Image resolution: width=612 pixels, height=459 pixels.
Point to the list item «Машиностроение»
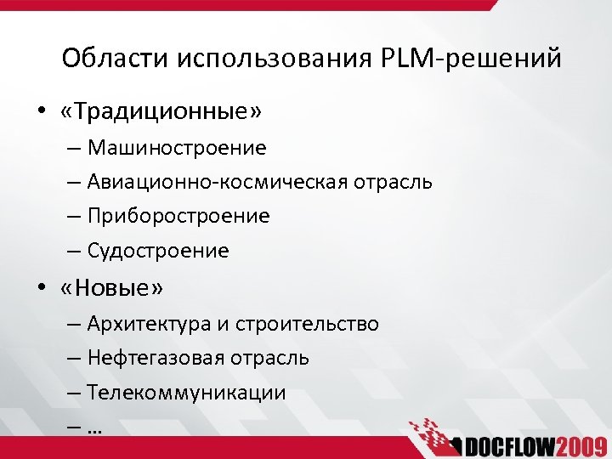(x=177, y=149)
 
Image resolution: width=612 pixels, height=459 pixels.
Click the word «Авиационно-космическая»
(x=214, y=182)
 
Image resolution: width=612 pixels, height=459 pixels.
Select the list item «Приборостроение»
(x=178, y=217)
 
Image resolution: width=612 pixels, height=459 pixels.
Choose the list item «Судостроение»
(x=158, y=251)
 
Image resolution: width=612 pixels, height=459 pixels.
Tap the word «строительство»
(x=307, y=324)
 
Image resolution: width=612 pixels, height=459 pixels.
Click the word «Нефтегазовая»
(x=156, y=358)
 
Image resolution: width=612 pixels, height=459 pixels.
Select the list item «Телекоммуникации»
(x=186, y=394)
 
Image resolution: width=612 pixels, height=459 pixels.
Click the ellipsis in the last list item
(x=93, y=429)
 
